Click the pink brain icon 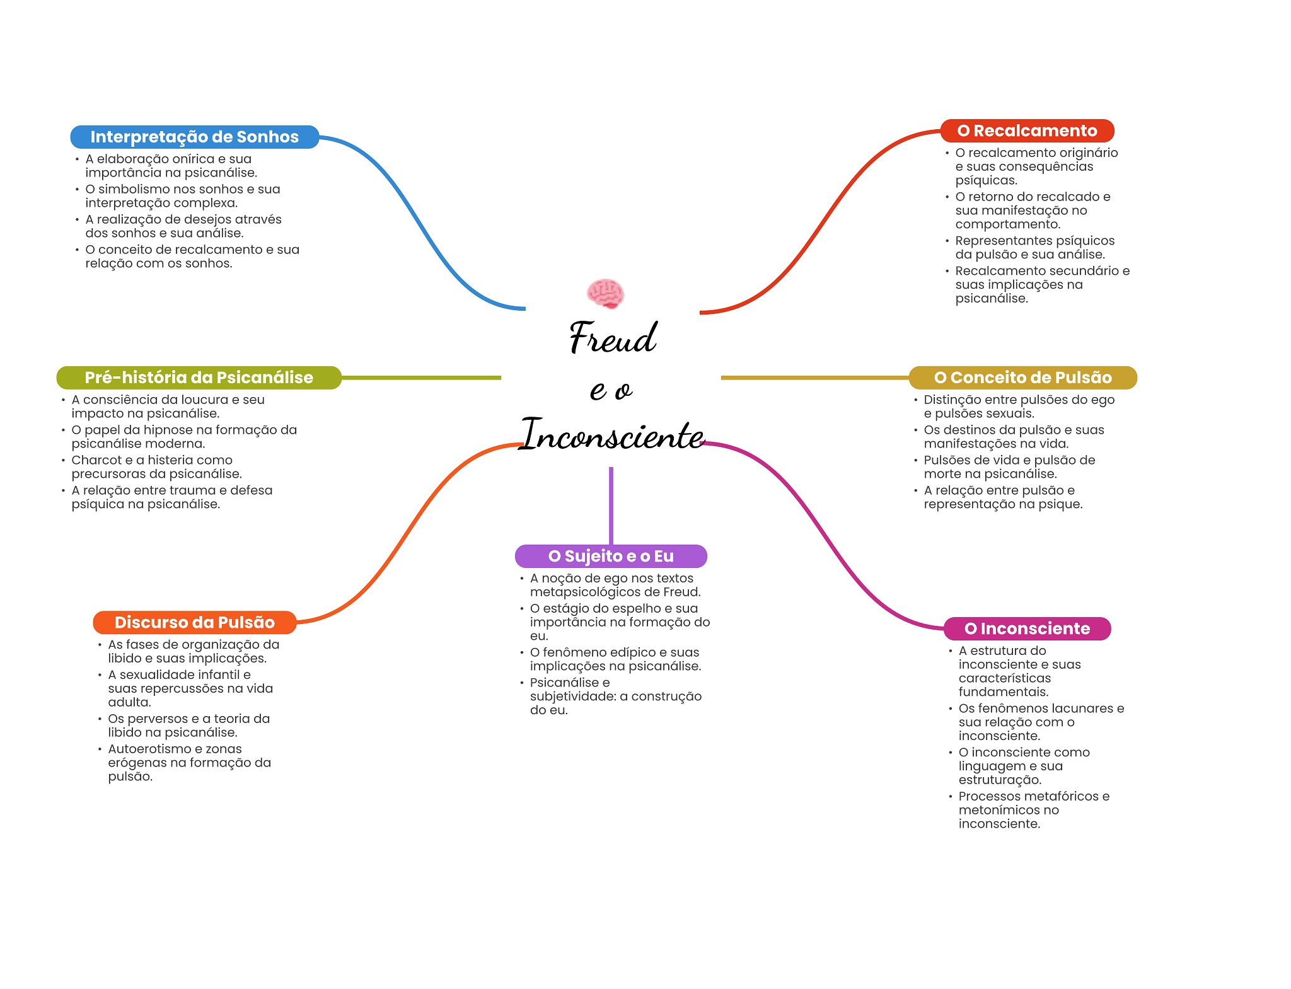605,294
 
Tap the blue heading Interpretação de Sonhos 194,137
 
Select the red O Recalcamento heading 1027,130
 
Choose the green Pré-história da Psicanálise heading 199,378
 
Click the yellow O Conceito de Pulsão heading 1022,378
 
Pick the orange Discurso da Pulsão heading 194,622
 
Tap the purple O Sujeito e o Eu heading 611,556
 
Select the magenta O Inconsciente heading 1027,628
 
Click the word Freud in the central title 613,338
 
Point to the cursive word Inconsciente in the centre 613,435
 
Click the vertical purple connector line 611,504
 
